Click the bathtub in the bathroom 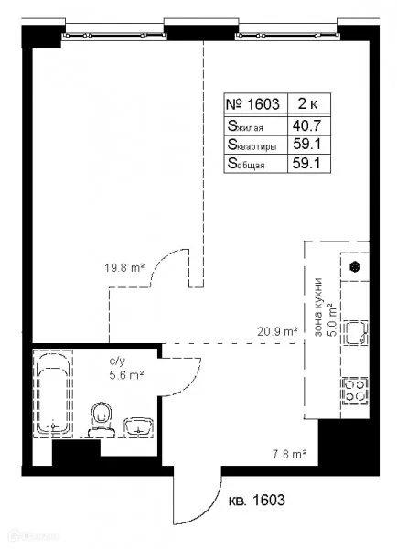53,393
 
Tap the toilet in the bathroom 102,419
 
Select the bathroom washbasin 139,426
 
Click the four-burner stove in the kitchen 355,391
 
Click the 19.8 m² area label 124,268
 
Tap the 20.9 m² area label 277,331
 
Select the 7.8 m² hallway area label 290,455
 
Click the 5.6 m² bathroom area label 126,375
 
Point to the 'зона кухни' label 318,307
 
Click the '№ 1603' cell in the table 253,104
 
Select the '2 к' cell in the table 308,103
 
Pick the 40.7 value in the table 307,125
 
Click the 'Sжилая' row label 245,126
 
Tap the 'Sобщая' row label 246,164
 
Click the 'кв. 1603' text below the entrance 257,500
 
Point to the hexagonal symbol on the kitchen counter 355,267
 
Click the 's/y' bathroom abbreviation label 117,361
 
